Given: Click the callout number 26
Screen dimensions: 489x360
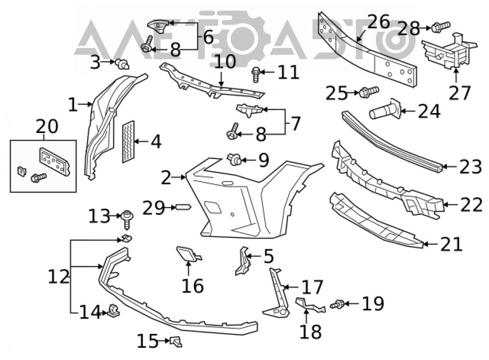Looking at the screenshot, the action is pos(378,22).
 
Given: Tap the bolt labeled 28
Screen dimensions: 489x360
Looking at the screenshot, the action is pos(441,27).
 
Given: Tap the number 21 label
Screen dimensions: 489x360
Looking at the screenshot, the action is pos(451,244).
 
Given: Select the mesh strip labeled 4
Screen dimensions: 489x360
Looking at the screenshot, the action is pos(128,142).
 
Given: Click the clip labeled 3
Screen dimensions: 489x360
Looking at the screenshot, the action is pos(122,64).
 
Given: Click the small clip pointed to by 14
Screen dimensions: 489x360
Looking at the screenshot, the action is pos(114,311).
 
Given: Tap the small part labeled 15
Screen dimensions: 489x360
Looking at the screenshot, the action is pos(176,341).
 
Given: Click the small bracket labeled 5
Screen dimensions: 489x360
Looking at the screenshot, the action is pos(243,261).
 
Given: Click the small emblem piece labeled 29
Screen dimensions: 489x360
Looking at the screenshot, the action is pos(183,206).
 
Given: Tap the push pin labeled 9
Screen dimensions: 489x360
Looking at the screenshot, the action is pos(235,160).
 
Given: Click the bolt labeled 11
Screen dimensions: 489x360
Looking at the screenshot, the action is pos(256,74).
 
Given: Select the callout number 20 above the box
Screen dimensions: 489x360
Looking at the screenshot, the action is pos(47,126).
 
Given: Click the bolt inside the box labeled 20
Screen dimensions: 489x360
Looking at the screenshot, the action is pos(39,178).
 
